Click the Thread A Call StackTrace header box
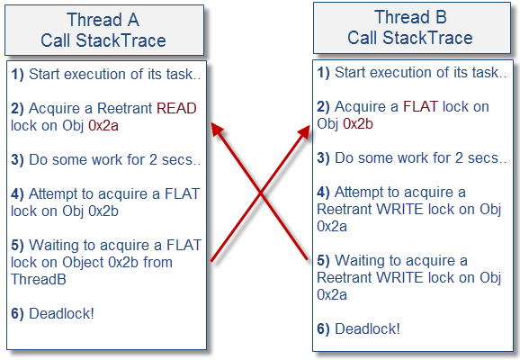pos(104,31)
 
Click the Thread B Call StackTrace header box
pos(412,28)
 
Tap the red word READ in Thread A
pos(176,109)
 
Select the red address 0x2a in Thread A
pos(103,126)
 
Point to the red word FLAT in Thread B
pos(420,107)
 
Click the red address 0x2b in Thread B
pos(358,124)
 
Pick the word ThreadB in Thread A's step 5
pos(39,279)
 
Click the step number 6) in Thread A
pos(17,314)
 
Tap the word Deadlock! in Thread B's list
pos(367,329)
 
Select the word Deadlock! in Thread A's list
pos(62,314)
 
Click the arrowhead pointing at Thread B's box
pos(305,131)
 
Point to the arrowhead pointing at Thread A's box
pos(217,129)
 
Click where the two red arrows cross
pos(260,193)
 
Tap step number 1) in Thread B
pos(323,73)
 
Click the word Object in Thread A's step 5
pos(84,263)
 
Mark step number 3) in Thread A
pos(17,160)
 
